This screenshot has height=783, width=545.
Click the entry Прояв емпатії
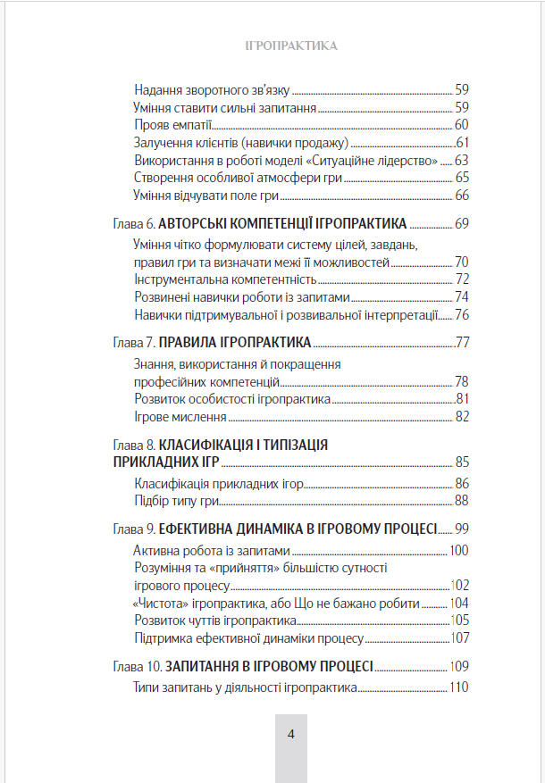pyautogui.click(x=172, y=124)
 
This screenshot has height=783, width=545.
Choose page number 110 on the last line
pyautogui.click(x=458, y=687)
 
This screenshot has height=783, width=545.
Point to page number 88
pyautogui.click(x=461, y=501)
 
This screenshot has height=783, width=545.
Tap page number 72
pyautogui.click(x=461, y=279)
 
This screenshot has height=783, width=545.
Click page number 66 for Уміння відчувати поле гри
pyautogui.click(x=461, y=195)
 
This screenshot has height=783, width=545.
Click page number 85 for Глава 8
pyautogui.click(x=461, y=462)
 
